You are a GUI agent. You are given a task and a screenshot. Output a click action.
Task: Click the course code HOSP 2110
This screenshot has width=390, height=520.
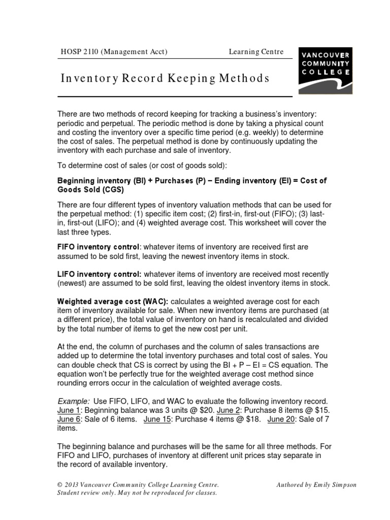(78, 51)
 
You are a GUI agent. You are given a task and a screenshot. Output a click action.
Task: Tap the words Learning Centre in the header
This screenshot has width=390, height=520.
(256, 51)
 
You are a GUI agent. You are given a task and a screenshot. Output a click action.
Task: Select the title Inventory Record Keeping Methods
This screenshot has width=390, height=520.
(165, 79)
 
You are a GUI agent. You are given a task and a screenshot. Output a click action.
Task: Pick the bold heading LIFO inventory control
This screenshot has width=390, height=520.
(99, 274)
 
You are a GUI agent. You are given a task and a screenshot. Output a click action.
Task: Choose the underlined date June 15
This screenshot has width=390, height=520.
(158, 419)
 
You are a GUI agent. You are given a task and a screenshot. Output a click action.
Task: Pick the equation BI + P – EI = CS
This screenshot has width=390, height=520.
(246, 365)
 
